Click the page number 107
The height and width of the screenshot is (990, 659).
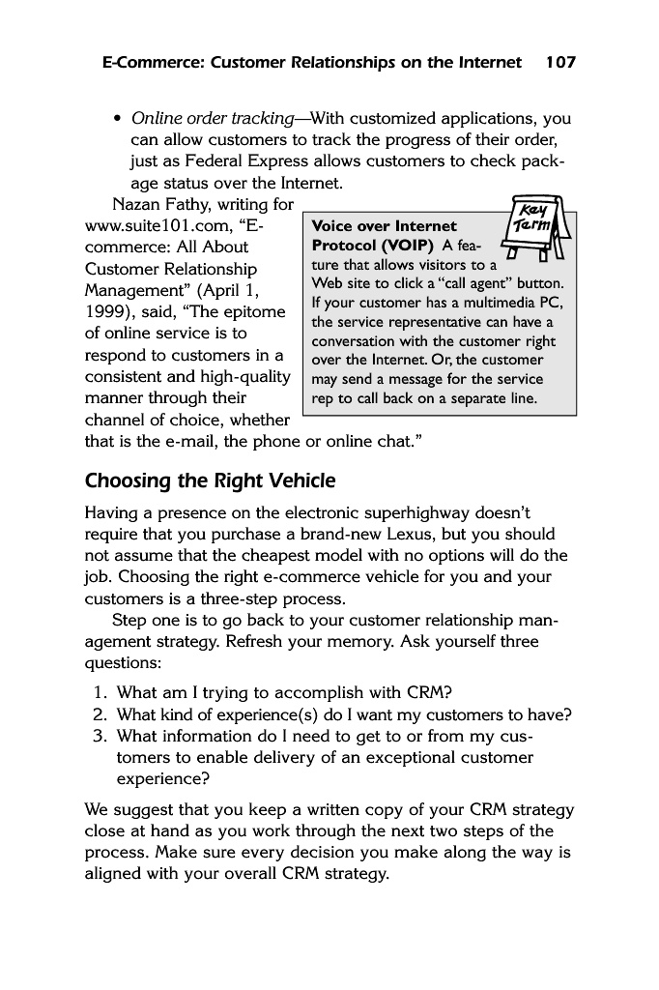click(560, 63)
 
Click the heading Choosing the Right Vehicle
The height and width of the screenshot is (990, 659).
click(211, 480)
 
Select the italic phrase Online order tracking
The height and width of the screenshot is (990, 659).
click(212, 119)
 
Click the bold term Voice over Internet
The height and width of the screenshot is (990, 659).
click(385, 226)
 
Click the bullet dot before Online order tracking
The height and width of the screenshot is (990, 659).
click(117, 120)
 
